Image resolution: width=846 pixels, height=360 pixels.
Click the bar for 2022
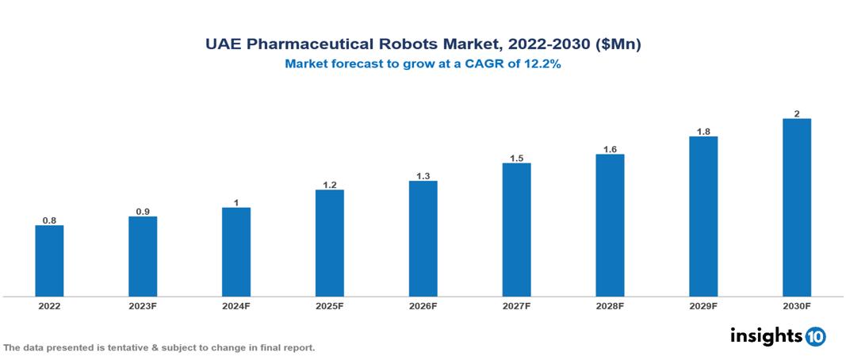tap(49, 261)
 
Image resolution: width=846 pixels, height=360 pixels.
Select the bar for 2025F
tap(330, 243)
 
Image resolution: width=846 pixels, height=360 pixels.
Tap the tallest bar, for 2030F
tap(796, 208)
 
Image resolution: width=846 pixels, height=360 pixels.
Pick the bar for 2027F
tap(516, 230)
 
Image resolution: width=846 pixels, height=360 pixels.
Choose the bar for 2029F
tap(703, 216)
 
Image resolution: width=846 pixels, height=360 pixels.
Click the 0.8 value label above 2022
tap(49, 220)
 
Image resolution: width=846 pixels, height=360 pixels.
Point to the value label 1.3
tap(423, 176)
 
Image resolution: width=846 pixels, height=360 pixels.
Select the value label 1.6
tap(610, 149)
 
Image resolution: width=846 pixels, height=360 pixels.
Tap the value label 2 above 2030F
tap(797, 113)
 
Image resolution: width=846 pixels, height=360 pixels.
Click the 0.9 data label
tap(143, 212)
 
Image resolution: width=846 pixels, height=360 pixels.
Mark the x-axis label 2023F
tap(143, 305)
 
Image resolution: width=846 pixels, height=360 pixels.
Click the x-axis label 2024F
tap(236, 305)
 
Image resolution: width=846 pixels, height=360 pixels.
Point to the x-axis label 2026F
tap(423, 305)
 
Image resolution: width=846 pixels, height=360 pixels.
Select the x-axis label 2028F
tap(610, 305)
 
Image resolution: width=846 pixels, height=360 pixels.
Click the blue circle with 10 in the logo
tap(816, 336)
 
